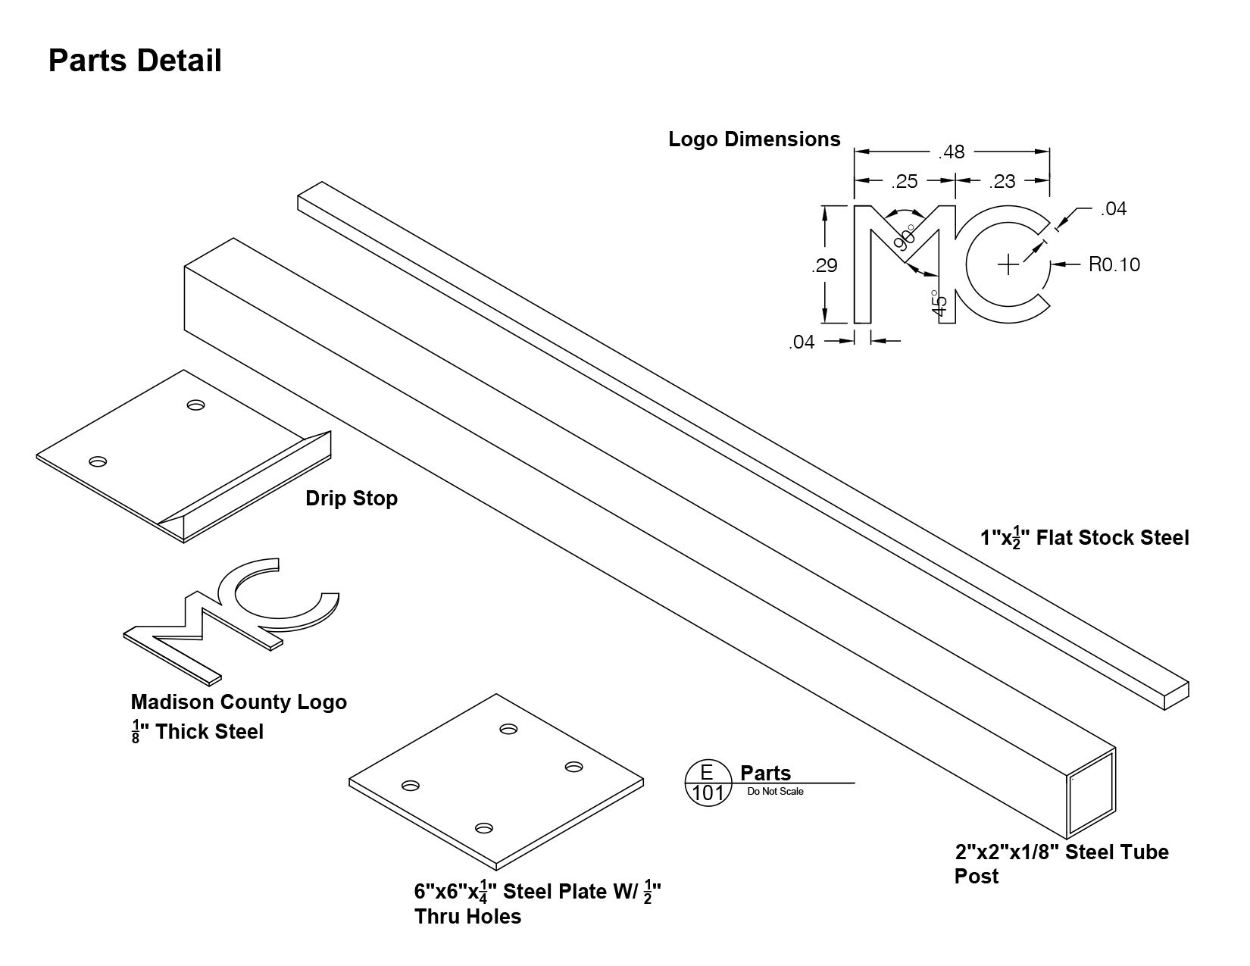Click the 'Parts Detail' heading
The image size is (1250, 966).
click(135, 61)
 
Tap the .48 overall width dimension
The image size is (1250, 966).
click(952, 152)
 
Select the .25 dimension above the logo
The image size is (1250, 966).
click(905, 181)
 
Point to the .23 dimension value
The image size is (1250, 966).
click(1002, 181)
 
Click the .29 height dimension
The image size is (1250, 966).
click(824, 265)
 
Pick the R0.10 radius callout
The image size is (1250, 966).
click(1114, 264)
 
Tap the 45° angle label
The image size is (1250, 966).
click(938, 303)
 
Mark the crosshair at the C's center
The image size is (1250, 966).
click(1008, 264)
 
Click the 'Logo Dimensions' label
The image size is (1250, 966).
click(754, 139)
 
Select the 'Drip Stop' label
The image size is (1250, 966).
click(352, 499)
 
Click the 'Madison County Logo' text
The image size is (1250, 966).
click(239, 702)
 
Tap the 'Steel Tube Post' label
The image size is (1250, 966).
click(1062, 864)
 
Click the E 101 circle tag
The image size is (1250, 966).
click(708, 783)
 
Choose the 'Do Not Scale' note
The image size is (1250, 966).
click(775, 792)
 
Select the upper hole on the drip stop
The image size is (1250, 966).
click(196, 405)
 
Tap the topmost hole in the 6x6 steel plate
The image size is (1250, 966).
click(508, 730)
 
